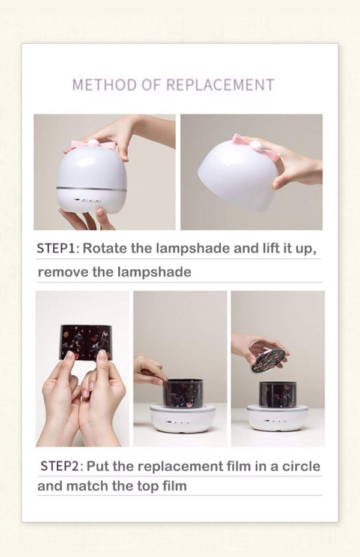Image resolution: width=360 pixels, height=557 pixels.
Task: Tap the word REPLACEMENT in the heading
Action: tap(220, 85)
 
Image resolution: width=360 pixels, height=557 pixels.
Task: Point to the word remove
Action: tap(58, 272)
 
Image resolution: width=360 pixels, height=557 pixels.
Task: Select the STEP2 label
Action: tap(61, 466)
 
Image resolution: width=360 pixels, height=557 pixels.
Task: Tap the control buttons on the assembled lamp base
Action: tap(87, 201)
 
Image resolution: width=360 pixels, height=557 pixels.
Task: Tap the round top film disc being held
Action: tap(268, 360)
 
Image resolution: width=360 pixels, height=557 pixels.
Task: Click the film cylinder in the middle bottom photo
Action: tap(183, 393)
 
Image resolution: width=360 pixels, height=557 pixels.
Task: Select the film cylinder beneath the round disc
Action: tap(278, 394)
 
